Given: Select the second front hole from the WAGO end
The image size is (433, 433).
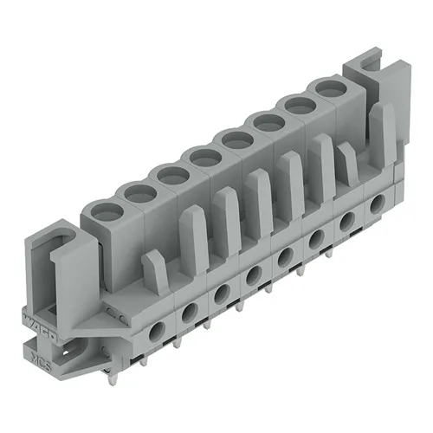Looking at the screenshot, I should pos(188,309).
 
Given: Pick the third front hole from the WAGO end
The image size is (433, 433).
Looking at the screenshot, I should pos(220,291).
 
